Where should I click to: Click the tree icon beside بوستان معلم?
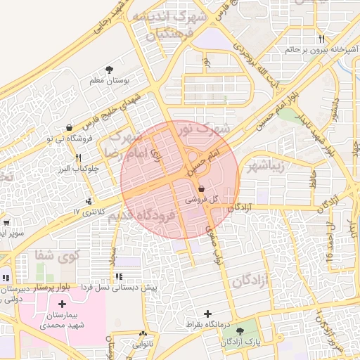pyautogui.click(x=109, y=69)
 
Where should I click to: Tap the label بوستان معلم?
pyautogui.click(x=109, y=82)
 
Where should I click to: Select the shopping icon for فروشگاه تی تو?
pyautogui.click(x=69, y=127)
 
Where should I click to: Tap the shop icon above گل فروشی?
pyautogui.click(x=202, y=188)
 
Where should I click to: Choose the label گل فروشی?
pyautogui.click(x=201, y=200)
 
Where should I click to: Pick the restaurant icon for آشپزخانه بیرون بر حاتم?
pyautogui.click(x=321, y=39)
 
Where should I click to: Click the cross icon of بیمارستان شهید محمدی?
pyautogui.click(x=63, y=304)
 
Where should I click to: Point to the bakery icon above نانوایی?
pyautogui.click(x=143, y=335)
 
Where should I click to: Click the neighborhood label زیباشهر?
pyautogui.click(x=264, y=166)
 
